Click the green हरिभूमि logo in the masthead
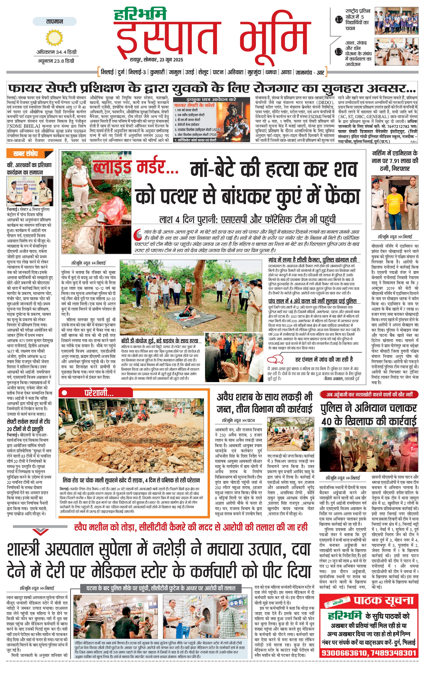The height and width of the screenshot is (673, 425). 140,15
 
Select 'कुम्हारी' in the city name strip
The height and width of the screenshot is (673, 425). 157,72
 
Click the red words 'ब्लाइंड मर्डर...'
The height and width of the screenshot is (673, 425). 135,167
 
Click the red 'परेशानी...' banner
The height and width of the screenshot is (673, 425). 99,393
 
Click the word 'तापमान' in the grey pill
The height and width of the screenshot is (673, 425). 55,21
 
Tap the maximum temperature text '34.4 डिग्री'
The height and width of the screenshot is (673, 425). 66,52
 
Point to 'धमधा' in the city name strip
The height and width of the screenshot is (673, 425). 271,72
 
